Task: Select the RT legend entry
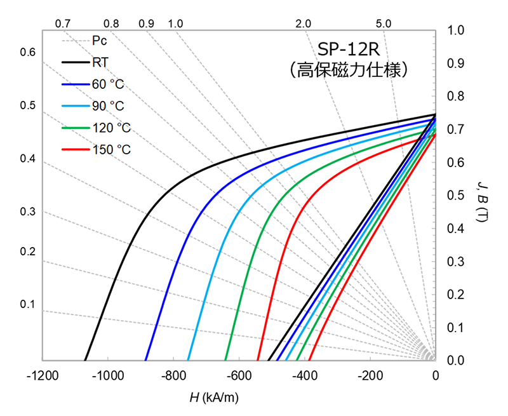99,62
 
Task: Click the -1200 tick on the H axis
42,376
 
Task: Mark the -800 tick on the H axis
173,376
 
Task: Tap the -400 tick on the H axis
304,376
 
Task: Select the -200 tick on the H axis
370,376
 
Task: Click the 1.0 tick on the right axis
456,30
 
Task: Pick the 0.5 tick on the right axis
456,196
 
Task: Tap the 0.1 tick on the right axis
456,328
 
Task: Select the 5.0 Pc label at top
383,23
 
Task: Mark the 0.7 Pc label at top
62,23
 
